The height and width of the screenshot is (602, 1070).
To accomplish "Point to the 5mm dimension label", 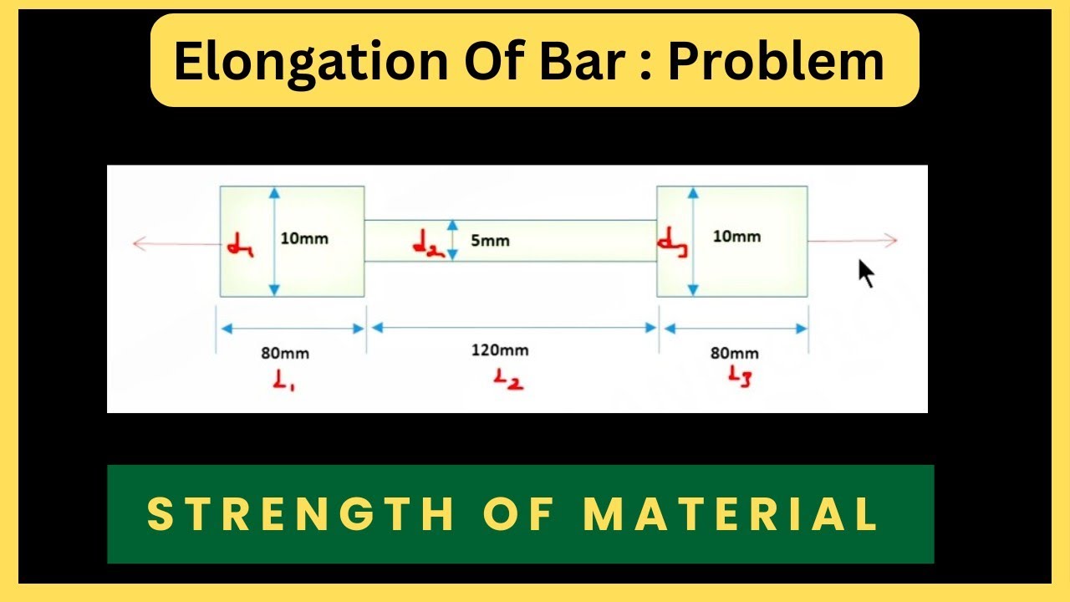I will tap(490, 241).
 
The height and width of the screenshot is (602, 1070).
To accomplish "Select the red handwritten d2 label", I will tap(428, 243).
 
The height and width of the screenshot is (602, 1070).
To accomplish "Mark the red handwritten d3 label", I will tap(672, 242).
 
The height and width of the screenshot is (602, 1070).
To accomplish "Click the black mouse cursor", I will tap(866, 273).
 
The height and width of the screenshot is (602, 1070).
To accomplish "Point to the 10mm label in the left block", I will tap(304, 238).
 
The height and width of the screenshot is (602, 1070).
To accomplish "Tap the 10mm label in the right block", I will tap(736, 237).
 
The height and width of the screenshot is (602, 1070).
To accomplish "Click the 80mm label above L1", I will tap(285, 353).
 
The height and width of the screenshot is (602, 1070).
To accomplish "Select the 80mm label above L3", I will tap(735, 353).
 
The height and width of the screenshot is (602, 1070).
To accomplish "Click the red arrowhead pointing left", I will tap(139, 243).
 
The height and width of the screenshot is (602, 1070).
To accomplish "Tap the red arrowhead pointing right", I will tap(890, 241).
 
